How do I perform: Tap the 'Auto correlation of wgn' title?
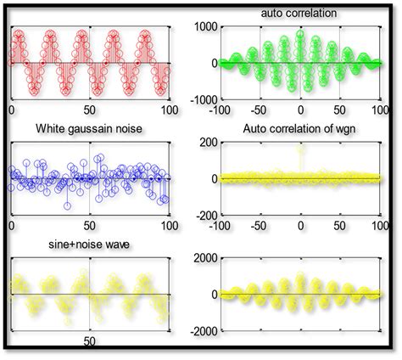click(299, 129)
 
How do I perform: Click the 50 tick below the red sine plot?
click(91, 110)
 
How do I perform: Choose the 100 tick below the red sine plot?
click(169, 110)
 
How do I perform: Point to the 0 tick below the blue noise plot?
click(11, 227)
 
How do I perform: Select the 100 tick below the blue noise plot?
click(169, 227)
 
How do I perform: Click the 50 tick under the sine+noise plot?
click(91, 341)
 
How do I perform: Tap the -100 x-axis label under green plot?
click(221, 110)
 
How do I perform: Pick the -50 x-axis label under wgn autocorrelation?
click(260, 227)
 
